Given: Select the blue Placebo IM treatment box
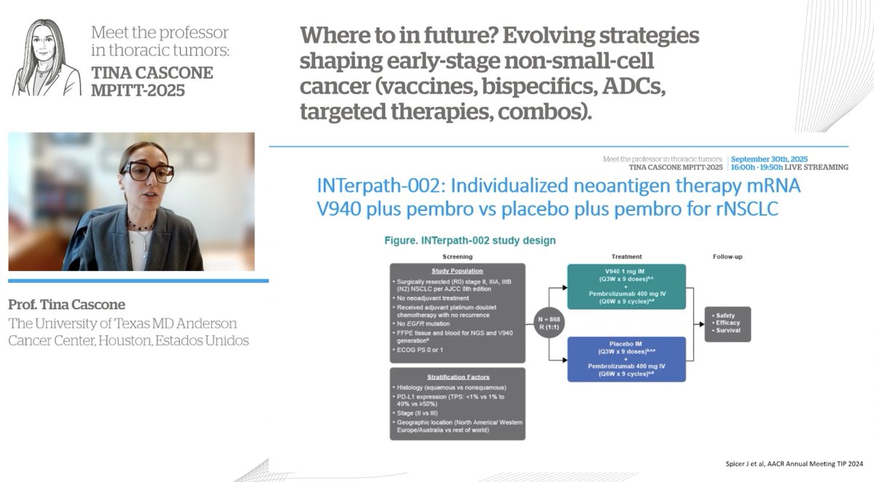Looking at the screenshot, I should [626, 360].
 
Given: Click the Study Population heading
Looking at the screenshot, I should [457, 271].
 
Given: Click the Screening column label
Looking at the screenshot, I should [457, 256].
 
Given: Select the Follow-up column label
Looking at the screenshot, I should [728, 256].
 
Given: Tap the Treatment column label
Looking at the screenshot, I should [626, 256].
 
